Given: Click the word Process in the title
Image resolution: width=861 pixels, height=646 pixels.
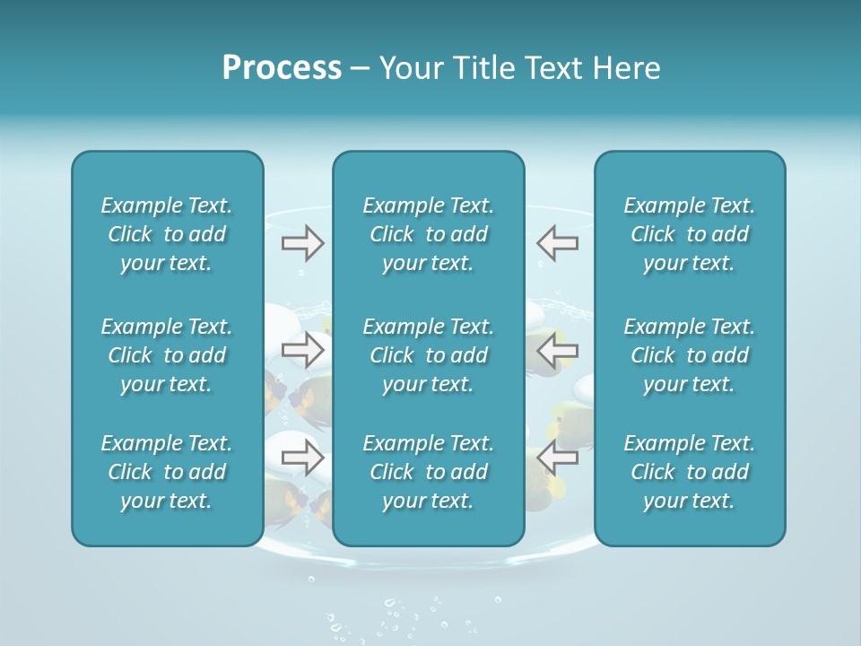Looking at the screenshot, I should tap(282, 68).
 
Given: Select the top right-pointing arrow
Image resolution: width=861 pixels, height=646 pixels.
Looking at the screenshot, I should tap(303, 242).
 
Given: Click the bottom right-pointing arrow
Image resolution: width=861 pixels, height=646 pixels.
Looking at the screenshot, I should tap(303, 457).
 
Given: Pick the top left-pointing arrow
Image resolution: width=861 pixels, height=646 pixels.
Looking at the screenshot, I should tap(557, 242).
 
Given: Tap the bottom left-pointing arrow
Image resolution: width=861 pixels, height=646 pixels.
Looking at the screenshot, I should tap(557, 457).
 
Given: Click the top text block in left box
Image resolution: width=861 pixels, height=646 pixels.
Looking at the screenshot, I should tap(167, 234).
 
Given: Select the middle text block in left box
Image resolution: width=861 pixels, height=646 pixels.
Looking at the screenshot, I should tap(167, 355).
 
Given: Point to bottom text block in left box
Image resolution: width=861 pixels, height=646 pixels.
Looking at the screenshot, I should tap(167, 472).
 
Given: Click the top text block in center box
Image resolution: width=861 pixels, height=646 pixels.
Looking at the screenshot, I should tap(428, 234).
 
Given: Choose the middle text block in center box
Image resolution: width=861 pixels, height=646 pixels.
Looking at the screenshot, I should tap(428, 355).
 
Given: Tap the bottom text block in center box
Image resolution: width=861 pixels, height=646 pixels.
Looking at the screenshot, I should tap(428, 472).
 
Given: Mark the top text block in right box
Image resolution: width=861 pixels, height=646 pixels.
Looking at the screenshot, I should tap(689, 234).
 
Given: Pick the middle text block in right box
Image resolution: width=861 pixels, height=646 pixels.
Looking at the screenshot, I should tap(689, 355).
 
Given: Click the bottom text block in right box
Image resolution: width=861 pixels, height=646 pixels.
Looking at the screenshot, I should tap(689, 472).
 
